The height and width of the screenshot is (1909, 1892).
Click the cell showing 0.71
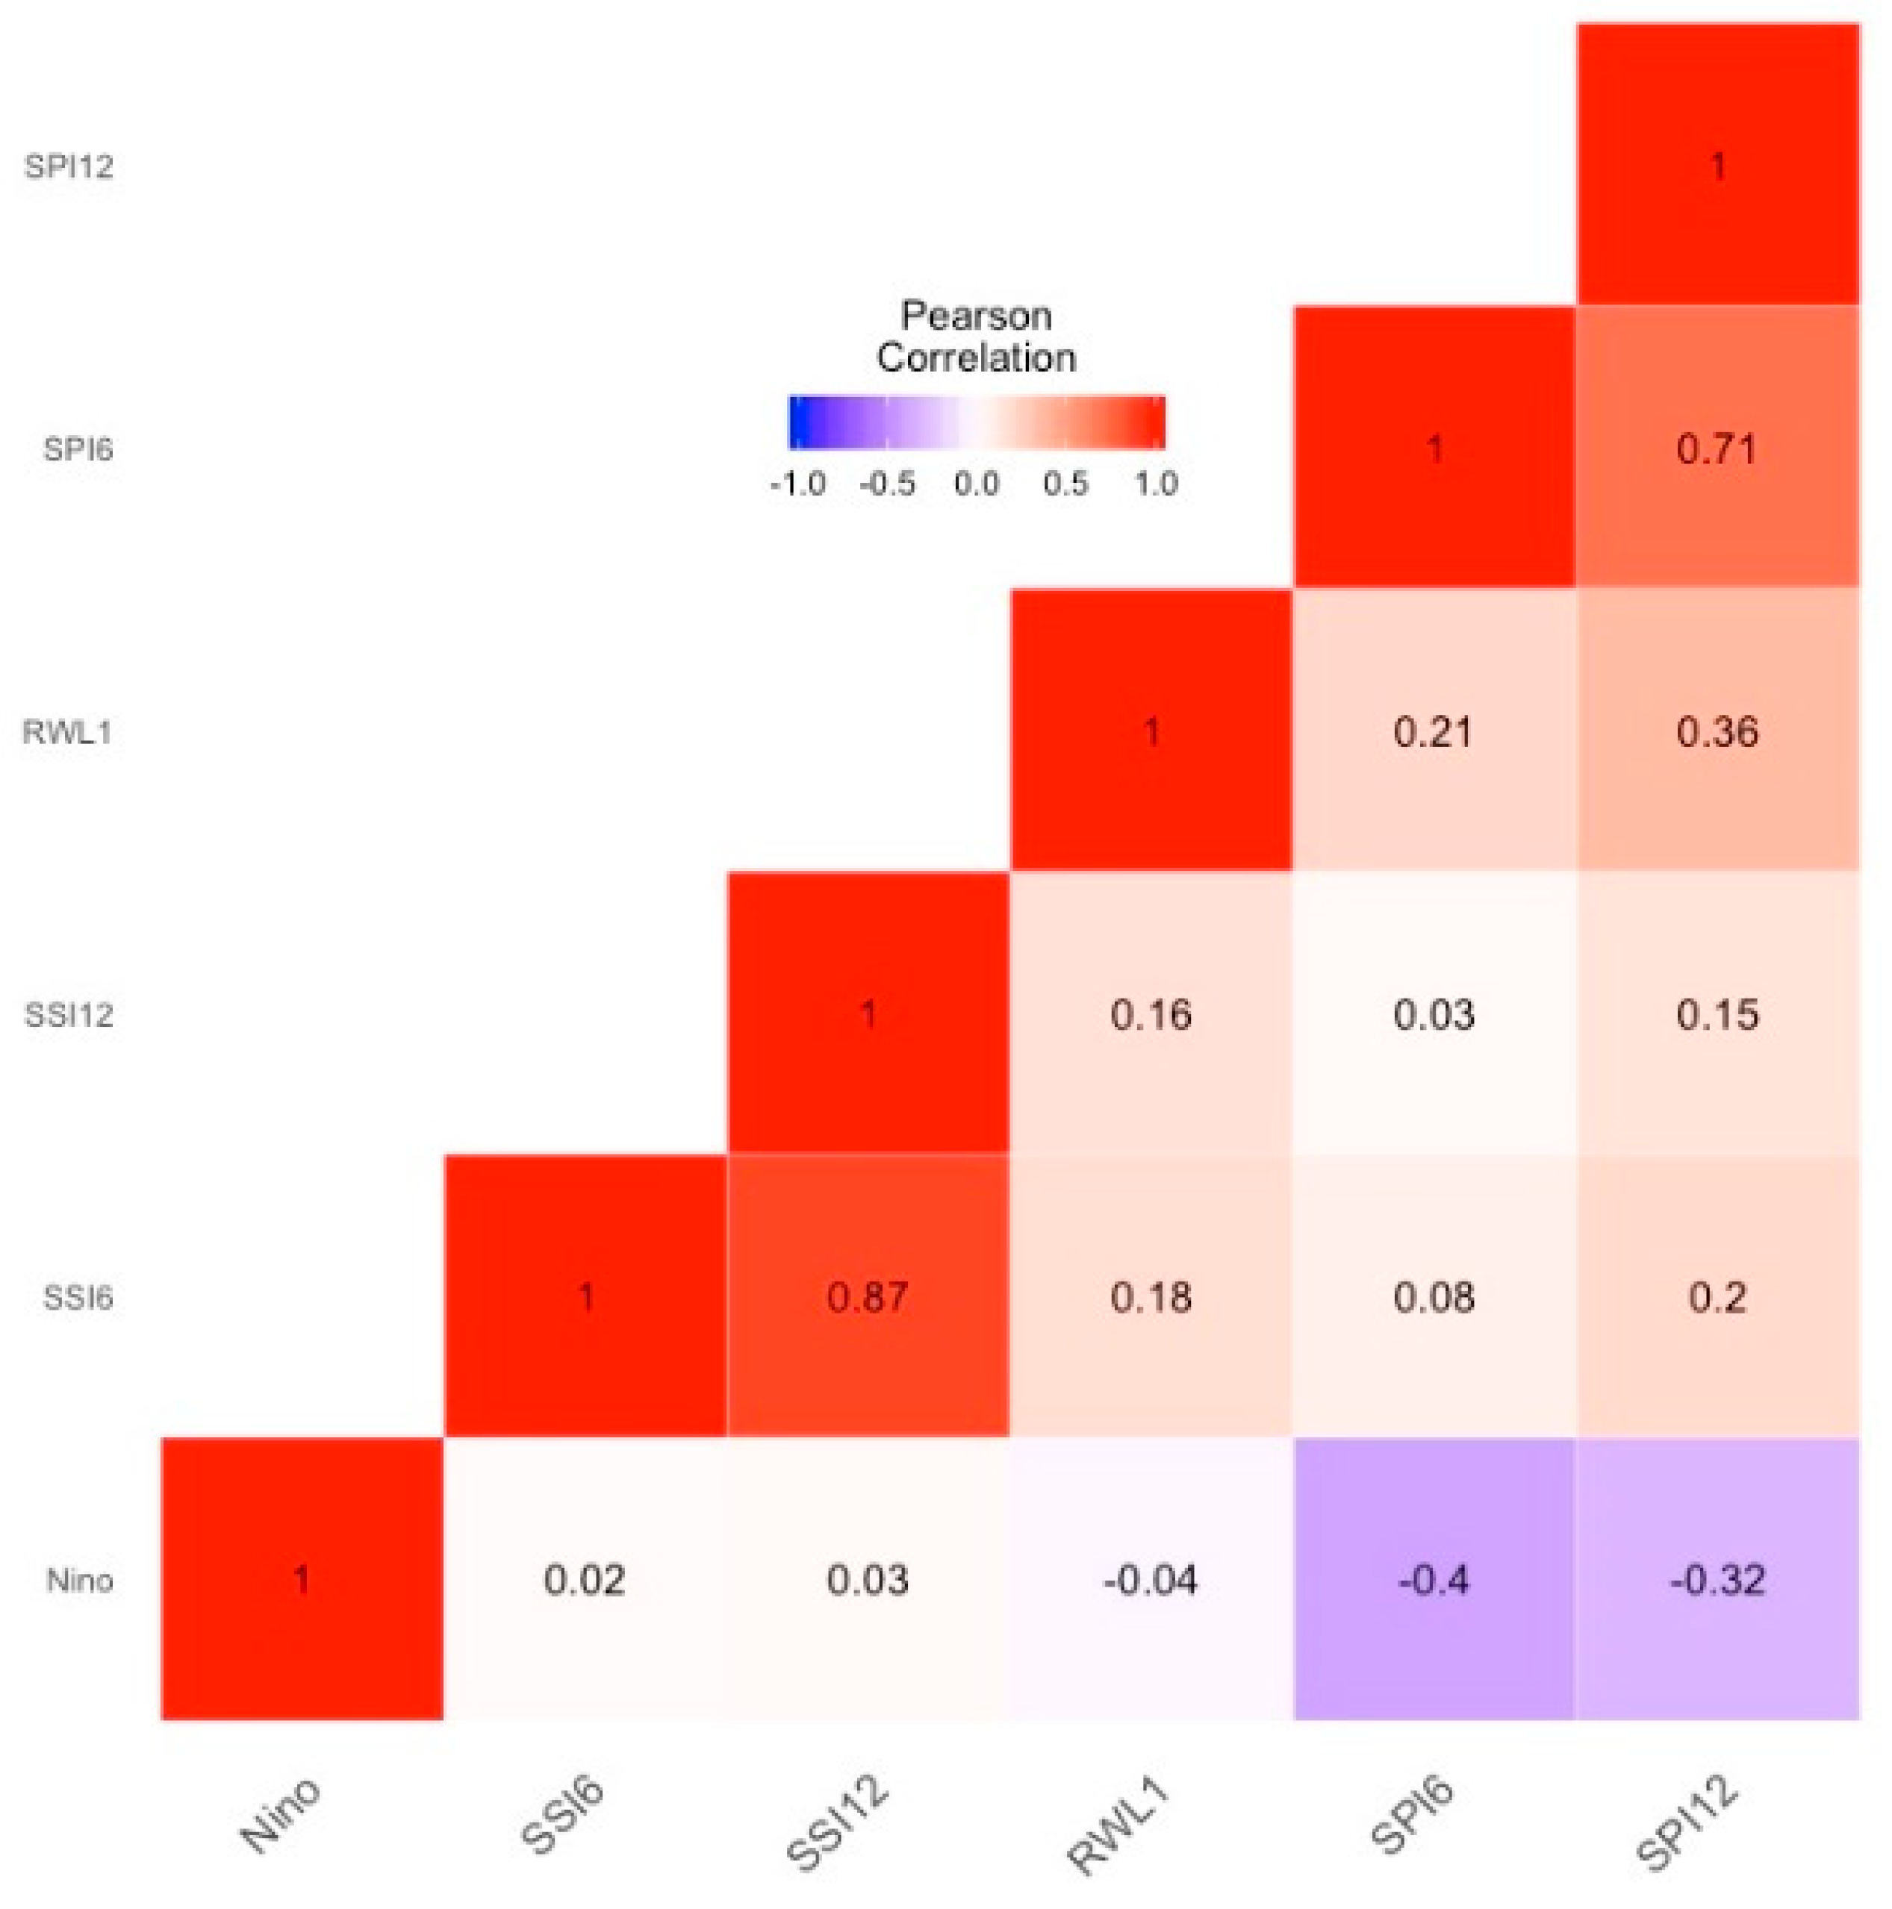(x=1717, y=449)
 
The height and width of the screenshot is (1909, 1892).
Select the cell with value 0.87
(x=867, y=1296)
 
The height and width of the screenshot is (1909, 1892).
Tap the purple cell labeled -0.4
(x=1434, y=1580)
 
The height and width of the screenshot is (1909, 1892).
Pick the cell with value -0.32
(x=1717, y=1580)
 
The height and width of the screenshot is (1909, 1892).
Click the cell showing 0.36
(x=1717, y=732)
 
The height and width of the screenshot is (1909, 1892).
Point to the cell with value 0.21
(x=1434, y=732)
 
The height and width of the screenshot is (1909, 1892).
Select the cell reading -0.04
(x=1150, y=1580)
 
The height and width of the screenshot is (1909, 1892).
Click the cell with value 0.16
(x=1150, y=1015)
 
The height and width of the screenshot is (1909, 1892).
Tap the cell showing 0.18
(x=1150, y=1296)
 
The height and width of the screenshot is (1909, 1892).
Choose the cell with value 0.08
(x=1434, y=1296)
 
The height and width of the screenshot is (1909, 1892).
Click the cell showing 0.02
(x=584, y=1580)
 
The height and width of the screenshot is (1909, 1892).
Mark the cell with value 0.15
(x=1717, y=1015)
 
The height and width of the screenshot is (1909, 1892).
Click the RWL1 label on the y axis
(x=67, y=732)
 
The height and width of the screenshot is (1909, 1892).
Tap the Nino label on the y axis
(x=79, y=1580)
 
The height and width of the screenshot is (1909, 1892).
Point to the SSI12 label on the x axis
(x=836, y=1824)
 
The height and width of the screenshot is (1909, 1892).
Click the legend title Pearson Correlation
(x=976, y=337)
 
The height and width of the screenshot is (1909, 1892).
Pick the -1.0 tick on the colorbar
(x=797, y=484)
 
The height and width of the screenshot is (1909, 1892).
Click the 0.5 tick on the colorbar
(x=1065, y=484)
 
